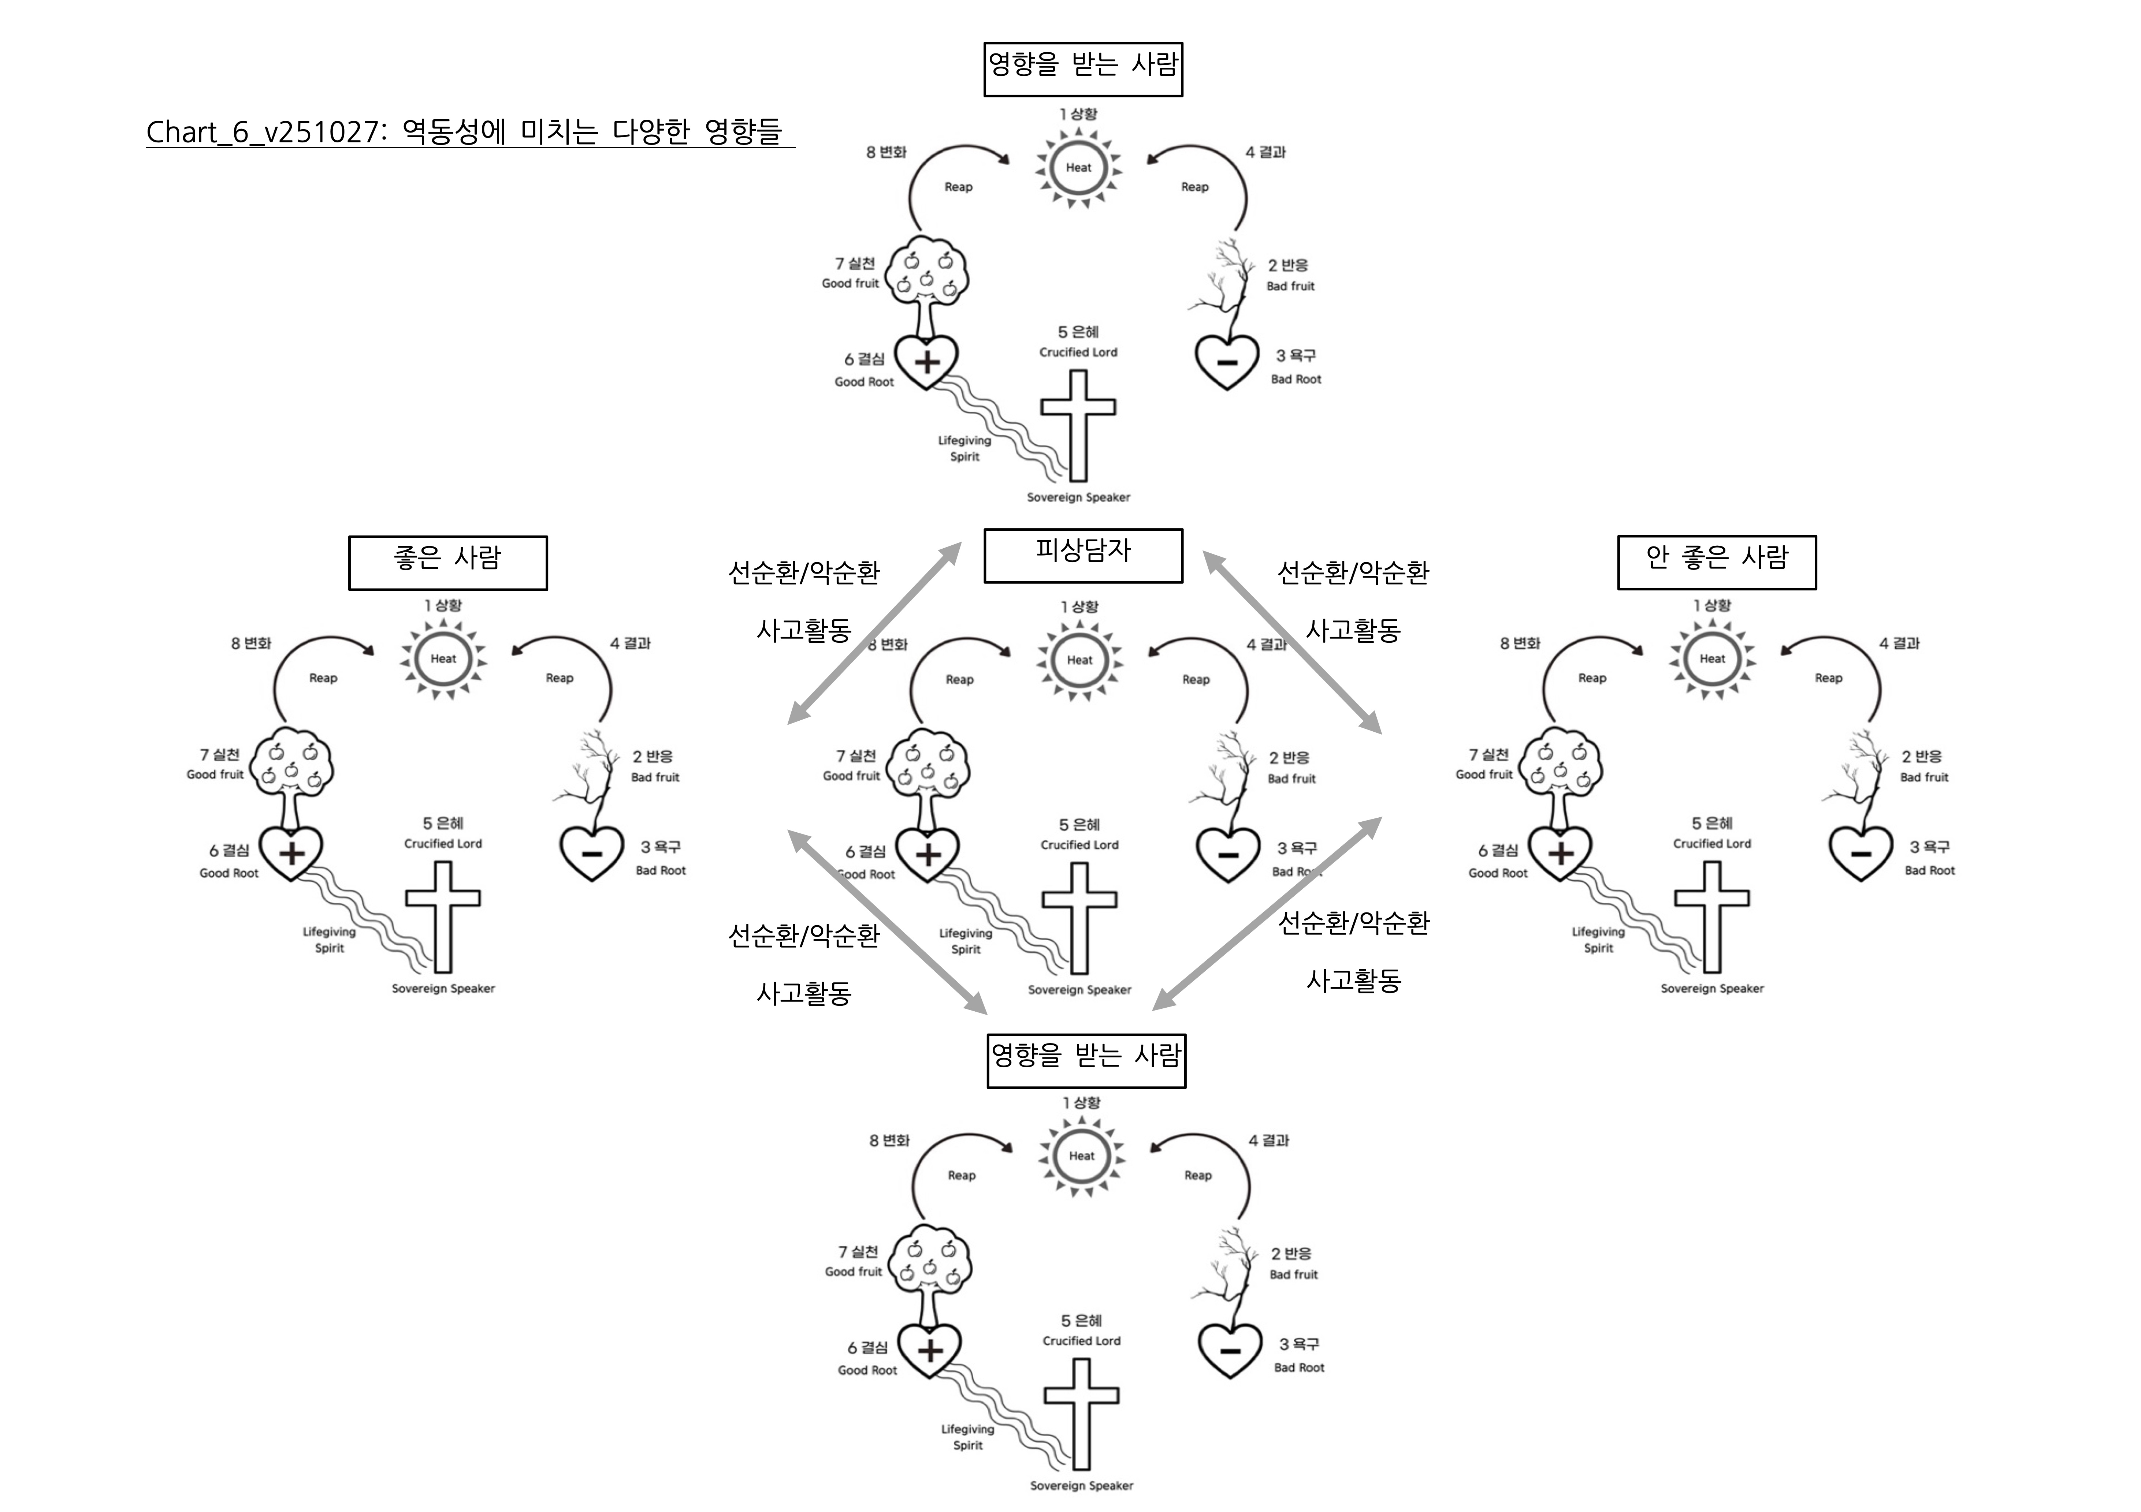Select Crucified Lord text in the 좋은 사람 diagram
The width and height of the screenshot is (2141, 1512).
(x=443, y=844)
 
